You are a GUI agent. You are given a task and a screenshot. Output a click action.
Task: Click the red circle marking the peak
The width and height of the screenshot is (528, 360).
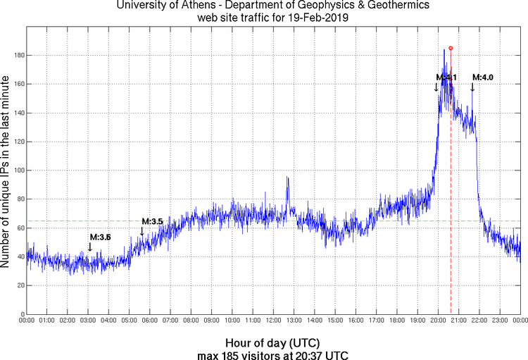[451, 48]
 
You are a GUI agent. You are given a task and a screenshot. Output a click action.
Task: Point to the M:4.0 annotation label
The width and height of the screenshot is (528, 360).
[482, 77]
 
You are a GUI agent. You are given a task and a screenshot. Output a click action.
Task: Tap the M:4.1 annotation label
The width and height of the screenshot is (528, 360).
[446, 77]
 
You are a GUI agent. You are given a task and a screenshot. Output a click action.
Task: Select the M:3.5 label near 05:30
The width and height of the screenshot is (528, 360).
[152, 221]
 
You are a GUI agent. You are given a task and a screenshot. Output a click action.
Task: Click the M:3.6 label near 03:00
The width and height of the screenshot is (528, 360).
[100, 237]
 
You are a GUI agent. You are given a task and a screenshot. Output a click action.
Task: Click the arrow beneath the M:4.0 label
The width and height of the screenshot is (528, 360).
[472, 87]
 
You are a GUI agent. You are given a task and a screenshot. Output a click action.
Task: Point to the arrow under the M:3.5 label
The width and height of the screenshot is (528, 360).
[142, 231]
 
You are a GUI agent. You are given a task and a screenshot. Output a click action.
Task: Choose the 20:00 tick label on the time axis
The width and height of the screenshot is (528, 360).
[438, 321]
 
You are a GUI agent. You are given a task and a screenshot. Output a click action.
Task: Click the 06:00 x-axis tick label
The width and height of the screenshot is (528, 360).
[150, 321]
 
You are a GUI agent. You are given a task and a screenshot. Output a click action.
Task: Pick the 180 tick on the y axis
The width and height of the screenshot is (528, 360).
[17, 55]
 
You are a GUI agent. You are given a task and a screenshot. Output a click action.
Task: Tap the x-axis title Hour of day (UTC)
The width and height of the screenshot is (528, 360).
[273, 342]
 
